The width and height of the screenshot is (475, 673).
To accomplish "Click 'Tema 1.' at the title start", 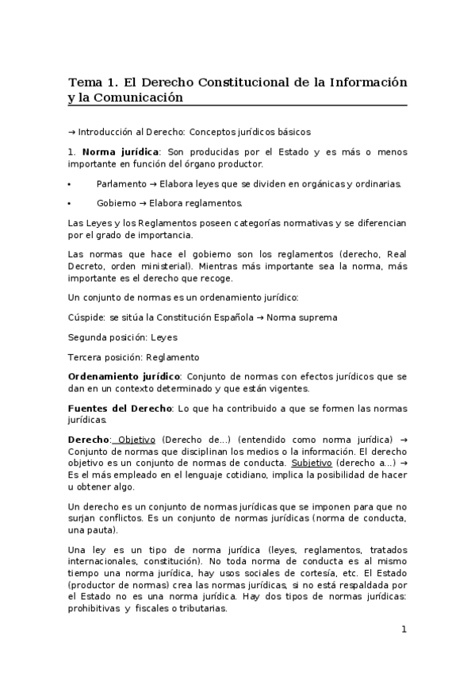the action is coord(94,82).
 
